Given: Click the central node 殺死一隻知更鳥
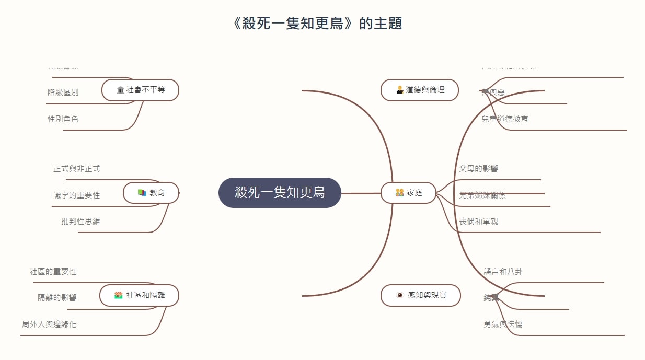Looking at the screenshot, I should [280, 192].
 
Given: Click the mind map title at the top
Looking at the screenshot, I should [318, 24].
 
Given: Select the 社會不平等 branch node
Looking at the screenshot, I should [141, 90].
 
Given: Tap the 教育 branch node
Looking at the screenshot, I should [151, 193].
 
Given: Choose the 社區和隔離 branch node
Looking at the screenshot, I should [140, 295].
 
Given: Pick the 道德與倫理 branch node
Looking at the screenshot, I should [420, 90].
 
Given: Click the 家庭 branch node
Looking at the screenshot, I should [408, 193].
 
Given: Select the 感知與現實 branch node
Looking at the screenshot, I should [421, 295].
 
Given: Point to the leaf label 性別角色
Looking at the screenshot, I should [63, 119].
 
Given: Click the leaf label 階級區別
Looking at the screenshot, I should [63, 92].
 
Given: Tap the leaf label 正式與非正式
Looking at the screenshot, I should [76, 169].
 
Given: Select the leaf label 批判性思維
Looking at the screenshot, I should [80, 222].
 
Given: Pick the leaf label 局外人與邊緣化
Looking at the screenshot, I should [49, 324].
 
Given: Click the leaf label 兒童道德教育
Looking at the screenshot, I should [505, 119].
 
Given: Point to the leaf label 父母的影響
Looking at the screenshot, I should [478, 169].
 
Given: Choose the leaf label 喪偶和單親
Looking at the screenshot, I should [478, 222].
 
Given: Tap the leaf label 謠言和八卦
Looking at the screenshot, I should [503, 272].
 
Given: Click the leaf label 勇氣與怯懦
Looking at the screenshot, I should [503, 324].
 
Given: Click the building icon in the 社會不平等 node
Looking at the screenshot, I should [121, 90].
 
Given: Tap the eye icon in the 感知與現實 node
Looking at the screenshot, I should [400, 295].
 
